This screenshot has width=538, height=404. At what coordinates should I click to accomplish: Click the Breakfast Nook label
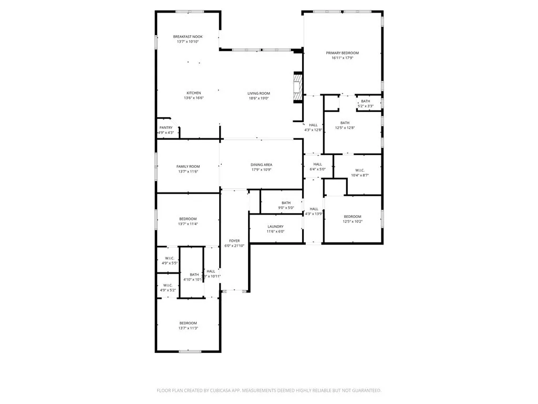(x=188, y=36)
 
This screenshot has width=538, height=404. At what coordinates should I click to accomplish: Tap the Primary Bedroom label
(x=342, y=53)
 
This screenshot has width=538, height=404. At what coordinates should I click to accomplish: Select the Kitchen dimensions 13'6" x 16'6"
(x=193, y=98)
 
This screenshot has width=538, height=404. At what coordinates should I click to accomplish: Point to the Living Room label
(x=258, y=93)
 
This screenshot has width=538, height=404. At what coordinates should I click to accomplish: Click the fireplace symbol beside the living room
(x=298, y=86)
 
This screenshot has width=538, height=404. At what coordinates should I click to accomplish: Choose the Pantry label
(x=166, y=127)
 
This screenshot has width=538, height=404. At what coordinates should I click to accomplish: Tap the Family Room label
(x=188, y=166)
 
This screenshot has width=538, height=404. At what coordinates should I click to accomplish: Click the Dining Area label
(x=261, y=165)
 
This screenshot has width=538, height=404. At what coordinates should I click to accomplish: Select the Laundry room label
(x=275, y=226)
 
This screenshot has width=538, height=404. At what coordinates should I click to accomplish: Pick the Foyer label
(x=234, y=240)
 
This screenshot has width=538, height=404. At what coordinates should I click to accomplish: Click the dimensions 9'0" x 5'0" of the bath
(x=286, y=208)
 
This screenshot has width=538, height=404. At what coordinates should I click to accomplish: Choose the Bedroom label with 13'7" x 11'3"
(x=188, y=322)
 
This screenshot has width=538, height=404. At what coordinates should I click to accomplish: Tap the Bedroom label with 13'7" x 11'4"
(x=188, y=219)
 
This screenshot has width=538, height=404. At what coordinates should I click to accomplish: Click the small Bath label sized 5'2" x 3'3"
(x=365, y=101)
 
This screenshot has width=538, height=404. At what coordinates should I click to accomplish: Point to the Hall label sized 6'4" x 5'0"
(x=317, y=164)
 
